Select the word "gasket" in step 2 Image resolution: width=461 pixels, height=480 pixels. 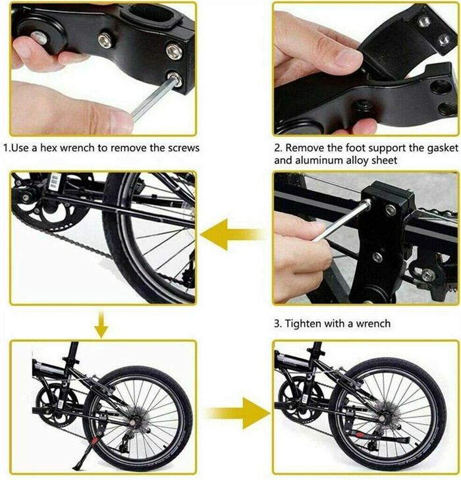point(414,148)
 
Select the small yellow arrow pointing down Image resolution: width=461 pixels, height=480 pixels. point(100,323)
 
